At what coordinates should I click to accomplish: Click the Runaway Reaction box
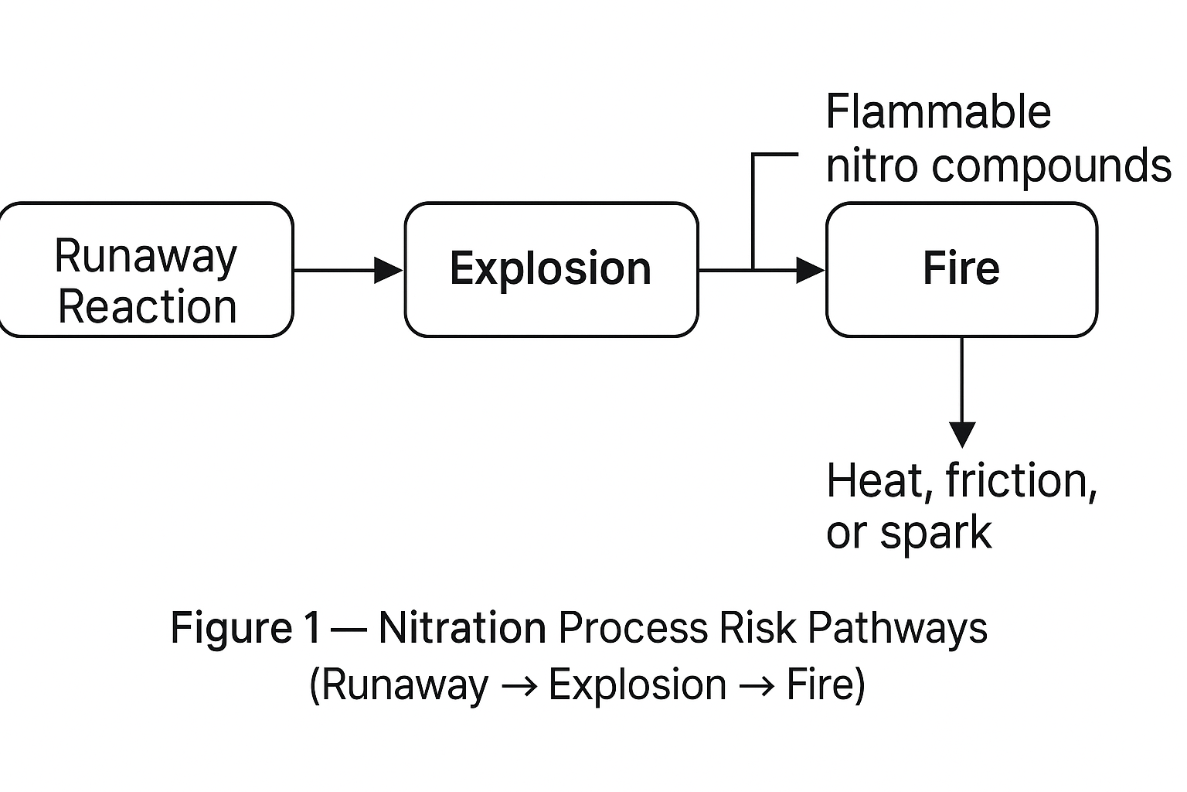[146, 270]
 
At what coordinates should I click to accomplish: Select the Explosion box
[551, 270]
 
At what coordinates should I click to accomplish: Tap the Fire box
[961, 270]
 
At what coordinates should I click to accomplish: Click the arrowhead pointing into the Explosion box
[389, 271]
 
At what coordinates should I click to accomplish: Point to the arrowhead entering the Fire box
[810, 271]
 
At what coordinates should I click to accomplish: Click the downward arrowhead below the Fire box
[962, 435]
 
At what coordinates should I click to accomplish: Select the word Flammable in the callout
[938, 112]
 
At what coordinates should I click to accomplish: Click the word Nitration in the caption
[462, 627]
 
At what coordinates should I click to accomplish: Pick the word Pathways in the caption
[897, 628]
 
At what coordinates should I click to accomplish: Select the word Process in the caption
[633, 627]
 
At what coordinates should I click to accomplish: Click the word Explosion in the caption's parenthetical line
[638, 685]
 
